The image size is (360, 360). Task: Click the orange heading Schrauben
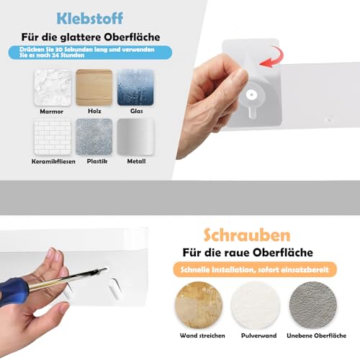point(238,236)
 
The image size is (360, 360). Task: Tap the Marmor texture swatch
point(53,88)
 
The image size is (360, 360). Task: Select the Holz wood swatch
point(94,88)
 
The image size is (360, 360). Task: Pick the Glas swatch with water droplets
point(135,88)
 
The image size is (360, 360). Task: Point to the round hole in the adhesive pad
point(251,94)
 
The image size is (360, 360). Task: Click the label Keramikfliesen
point(53,161)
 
